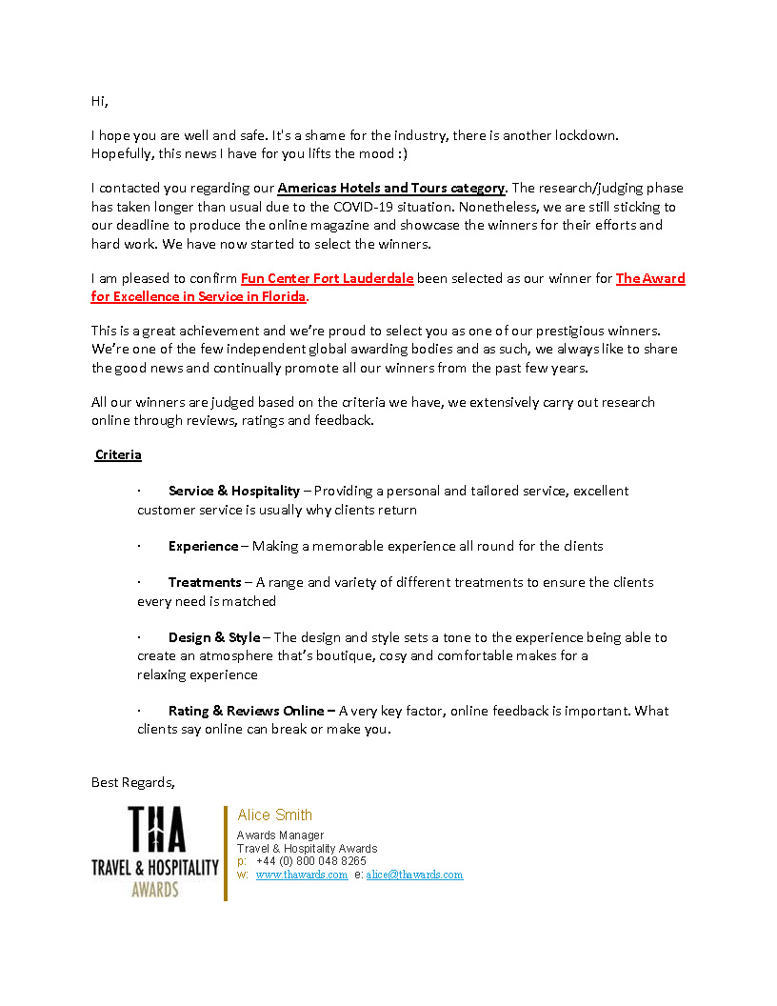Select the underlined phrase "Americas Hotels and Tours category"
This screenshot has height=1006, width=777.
(x=391, y=189)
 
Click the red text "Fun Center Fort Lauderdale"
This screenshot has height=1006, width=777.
(x=327, y=279)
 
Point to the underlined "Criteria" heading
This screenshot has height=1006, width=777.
(x=118, y=455)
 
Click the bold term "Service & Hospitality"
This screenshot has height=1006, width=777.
(x=233, y=492)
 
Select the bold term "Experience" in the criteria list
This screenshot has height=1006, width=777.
(x=203, y=547)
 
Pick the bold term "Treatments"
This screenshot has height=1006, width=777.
(x=205, y=583)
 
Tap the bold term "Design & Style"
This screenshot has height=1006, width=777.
(x=214, y=638)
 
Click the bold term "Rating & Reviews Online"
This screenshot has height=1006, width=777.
(x=246, y=712)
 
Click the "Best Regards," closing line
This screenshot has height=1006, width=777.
(x=133, y=783)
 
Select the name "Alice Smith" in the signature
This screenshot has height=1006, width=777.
(x=274, y=815)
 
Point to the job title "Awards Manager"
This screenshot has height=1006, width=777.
(x=280, y=835)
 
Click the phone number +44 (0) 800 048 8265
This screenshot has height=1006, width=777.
(x=310, y=861)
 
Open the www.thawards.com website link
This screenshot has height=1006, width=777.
(x=301, y=875)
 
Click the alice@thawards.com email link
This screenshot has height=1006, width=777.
(x=414, y=875)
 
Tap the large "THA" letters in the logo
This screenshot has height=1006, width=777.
(x=157, y=830)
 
